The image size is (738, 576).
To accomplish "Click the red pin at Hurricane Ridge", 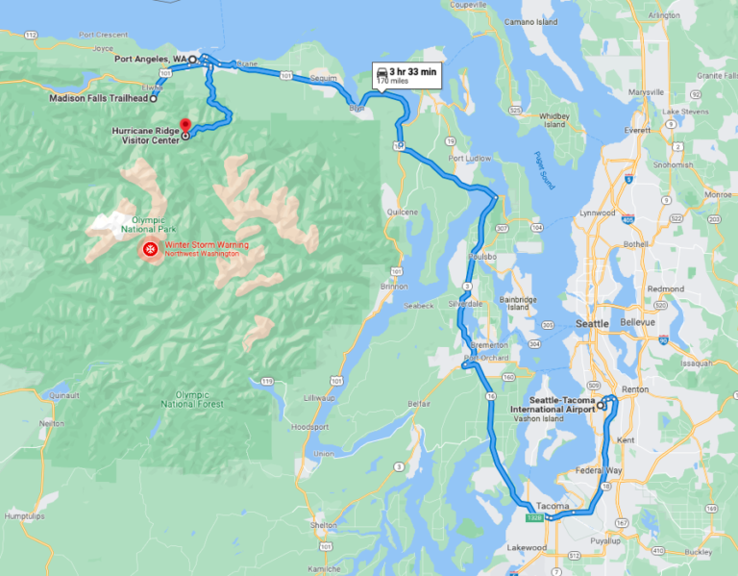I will (x=184, y=126).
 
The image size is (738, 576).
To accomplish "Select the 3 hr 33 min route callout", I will (x=406, y=75).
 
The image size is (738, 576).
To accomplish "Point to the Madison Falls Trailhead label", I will (x=100, y=98).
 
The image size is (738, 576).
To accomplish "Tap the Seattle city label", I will (x=592, y=324).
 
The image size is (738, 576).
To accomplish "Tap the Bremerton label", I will (x=486, y=345).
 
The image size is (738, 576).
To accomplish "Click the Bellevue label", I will (x=637, y=321).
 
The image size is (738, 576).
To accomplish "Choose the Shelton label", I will (x=324, y=525).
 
